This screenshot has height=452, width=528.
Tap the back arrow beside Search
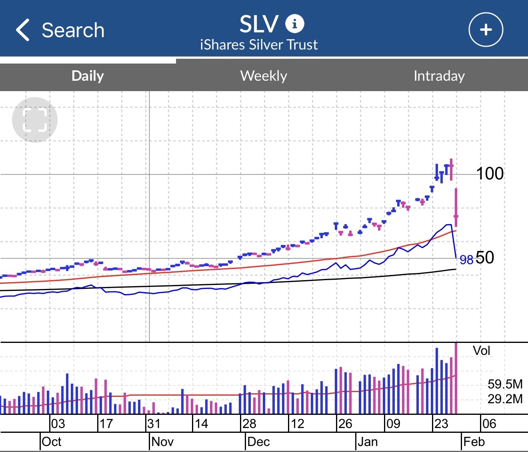point(23,30)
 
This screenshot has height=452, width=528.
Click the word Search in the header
point(73,30)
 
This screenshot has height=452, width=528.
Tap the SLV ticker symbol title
point(259,24)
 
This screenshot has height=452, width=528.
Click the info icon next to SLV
point(294,24)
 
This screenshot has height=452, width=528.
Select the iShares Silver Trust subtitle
point(259,45)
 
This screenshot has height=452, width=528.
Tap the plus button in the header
point(486,30)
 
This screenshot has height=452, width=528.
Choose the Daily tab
point(88,76)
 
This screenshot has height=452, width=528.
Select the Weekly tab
point(264,76)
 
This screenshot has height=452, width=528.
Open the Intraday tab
point(439,76)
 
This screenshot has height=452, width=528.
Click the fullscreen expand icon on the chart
point(35,119)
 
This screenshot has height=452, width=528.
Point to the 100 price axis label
point(490,173)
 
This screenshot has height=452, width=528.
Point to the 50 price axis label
point(485,258)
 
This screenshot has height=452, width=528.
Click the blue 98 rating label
point(466,260)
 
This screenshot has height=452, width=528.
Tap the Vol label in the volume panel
point(481,351)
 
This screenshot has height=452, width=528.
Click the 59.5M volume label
point(505,384)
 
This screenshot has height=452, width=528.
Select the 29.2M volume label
point(505,399)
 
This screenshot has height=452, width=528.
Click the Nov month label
point(163,442)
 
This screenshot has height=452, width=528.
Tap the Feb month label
point(474,442)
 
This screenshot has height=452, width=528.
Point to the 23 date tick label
point(441,424)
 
